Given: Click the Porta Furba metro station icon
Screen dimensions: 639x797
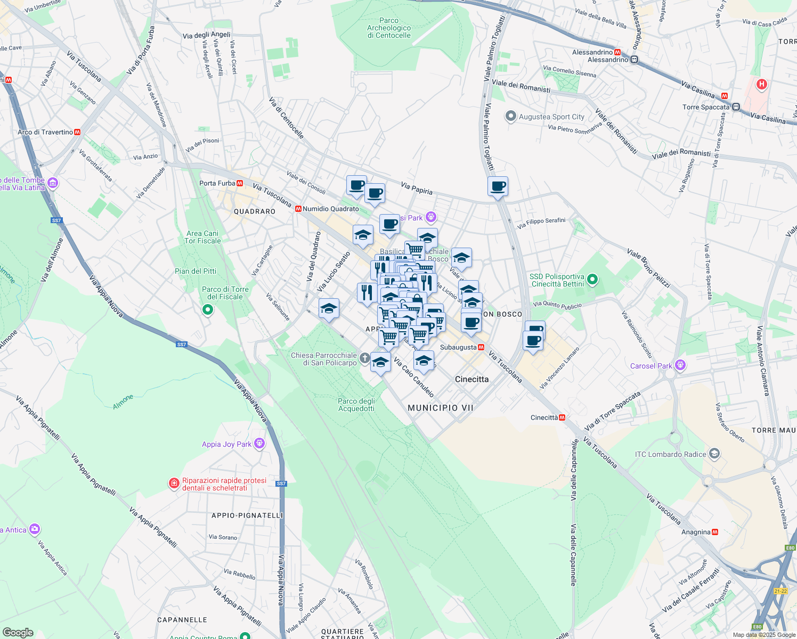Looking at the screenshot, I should coord(240,183).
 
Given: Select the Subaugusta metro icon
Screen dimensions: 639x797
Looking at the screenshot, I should coord(481,347).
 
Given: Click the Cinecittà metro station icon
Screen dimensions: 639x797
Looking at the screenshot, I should coord(562,417).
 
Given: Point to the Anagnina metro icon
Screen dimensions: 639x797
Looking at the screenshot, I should coord(715,532).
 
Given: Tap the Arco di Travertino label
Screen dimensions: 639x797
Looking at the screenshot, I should coord(45,132).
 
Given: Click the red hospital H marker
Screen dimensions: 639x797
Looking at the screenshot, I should coord(762,84).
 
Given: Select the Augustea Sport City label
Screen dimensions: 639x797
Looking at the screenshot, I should coord(551,117).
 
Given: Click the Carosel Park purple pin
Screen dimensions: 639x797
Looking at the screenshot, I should coord(679,365).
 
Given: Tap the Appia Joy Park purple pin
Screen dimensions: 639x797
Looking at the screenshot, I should coord(259,444).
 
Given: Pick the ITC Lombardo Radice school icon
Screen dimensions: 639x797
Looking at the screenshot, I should coord(714,454).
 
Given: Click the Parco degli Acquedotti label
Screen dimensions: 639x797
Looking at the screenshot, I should coord(356,405).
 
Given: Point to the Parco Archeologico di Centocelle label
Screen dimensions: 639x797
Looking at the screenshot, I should coord(389,28).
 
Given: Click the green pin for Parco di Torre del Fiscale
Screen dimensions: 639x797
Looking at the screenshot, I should coord(208,309).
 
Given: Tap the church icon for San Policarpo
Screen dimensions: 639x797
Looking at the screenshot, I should coord(364,358).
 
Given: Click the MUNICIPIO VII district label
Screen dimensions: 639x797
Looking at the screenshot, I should coord(441,408).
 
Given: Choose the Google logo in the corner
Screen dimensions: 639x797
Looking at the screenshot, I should coord(18,633).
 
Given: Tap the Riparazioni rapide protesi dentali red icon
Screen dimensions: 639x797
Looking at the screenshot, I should coord(174,484).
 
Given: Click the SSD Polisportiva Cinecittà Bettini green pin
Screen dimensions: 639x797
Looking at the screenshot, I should coord(592,280).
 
